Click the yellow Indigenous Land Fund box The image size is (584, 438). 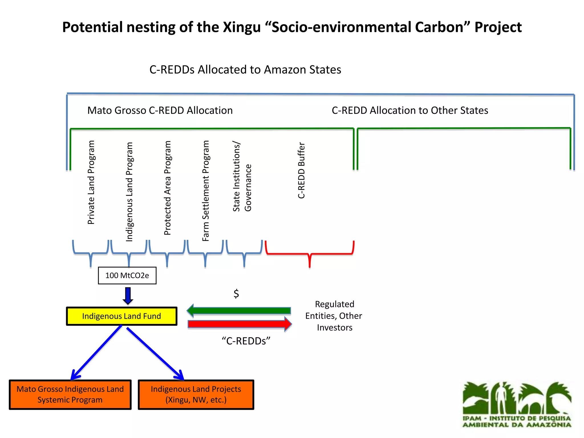pyautogui.click(x=121, y=316)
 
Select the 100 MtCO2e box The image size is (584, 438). pyautogui.click(x=127, y=275)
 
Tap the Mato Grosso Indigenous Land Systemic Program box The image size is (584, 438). pyautogui.click(x=70, y=395)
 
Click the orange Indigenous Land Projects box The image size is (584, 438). pyautogui.click(x=196, y=395)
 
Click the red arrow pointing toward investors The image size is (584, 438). pyautogui.click(x=240, y=324)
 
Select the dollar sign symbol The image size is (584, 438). pyautogui.click(x=236, y=293)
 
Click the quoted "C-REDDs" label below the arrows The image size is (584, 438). pyautogui.click(x=246, y=341)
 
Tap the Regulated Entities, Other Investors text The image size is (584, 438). pyautogui.click(x=334, y=316)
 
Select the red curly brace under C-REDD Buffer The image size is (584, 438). pyautogui.click(x=310, y=253)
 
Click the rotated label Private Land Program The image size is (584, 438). pyautogui.click(x=91, y=182)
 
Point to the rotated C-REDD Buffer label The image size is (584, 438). pyautogui.click(x=301, y=170)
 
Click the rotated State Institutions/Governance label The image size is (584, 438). pyautogui.click(x=242, y=177)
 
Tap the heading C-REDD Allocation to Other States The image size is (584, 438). pyautogui.click(x=410, y=110)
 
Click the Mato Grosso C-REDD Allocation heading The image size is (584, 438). pyautogui.click(x=160, y=110)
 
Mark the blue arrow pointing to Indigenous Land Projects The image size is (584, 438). pyautogui.click(x=155, y=354)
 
